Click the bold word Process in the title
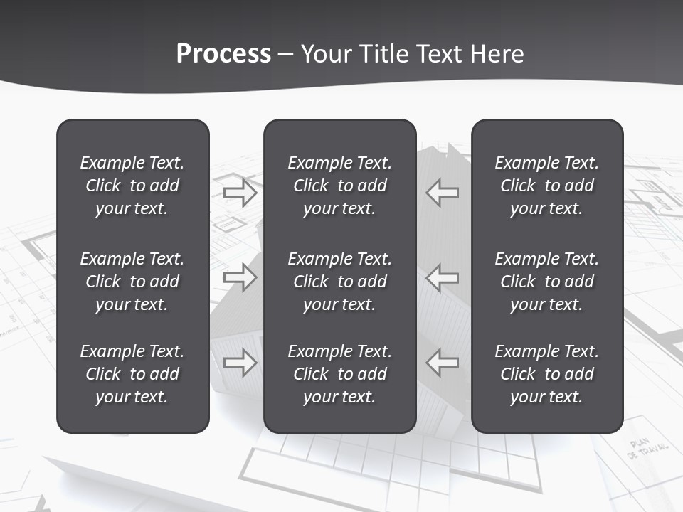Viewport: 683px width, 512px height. pos(223,54)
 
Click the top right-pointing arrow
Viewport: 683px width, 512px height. pos(240,193)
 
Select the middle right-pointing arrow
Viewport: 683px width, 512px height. pos(240,277)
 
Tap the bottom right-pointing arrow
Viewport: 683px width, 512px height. pos(240,363)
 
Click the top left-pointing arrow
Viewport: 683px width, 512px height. pos(443,193)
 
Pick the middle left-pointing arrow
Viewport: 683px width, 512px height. pos(443,277)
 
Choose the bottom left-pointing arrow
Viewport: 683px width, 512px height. pos(443,363)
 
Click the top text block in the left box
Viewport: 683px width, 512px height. pos(132,186)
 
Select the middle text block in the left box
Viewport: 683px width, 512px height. pos(132,282)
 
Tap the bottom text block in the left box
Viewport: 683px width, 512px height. pos(132,374)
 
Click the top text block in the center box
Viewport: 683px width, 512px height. pos(339,186)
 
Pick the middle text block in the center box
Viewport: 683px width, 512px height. pos(339,282)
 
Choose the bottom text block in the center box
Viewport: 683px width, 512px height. pos(339,374)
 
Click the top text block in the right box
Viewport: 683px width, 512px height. pos(546,186)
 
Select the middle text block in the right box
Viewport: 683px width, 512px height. pos(546,282)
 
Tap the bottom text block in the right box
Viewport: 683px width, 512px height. pos(546,374)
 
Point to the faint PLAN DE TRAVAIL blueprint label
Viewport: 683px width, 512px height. pos(647,449)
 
